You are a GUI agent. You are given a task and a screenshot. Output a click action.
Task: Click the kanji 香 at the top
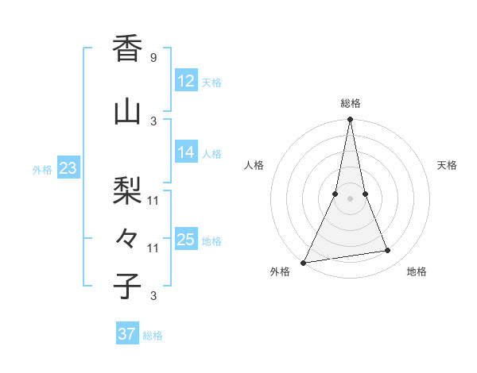[127, 49]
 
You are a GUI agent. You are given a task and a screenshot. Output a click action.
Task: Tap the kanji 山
[127, 112]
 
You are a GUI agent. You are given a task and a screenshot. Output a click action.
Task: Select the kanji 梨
[127, 190]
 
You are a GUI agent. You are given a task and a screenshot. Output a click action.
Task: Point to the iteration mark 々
[127, 237]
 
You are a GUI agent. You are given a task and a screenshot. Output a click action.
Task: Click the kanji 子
[127, 286]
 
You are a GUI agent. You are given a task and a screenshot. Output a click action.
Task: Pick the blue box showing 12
[186, 81]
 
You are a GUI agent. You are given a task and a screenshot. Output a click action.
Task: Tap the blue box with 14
[186, 152]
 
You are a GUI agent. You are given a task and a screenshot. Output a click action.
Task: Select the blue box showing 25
[186, 240]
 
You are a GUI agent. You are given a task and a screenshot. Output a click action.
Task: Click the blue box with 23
[68, 168]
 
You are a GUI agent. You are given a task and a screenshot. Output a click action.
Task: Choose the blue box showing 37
[127, 334]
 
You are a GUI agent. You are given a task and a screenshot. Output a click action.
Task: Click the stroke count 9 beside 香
[153, 58]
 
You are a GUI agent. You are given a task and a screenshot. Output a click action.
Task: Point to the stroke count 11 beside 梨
[153, 200]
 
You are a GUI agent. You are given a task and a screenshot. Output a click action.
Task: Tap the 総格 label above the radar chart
[351, 103]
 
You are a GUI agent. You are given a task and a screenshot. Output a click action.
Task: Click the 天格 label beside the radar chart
[448, 165]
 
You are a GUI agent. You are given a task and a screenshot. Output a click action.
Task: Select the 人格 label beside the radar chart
[254, 165]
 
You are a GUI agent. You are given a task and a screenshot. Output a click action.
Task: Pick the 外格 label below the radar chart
[280, 271]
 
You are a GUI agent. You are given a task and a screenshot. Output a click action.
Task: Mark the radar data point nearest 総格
[350, 120]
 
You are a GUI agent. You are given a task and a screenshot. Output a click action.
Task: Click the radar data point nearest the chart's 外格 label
[304, 263]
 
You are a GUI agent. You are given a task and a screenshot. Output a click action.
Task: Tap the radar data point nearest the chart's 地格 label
[388, 251]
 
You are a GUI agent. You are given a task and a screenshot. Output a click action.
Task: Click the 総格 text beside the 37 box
[153, 336]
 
